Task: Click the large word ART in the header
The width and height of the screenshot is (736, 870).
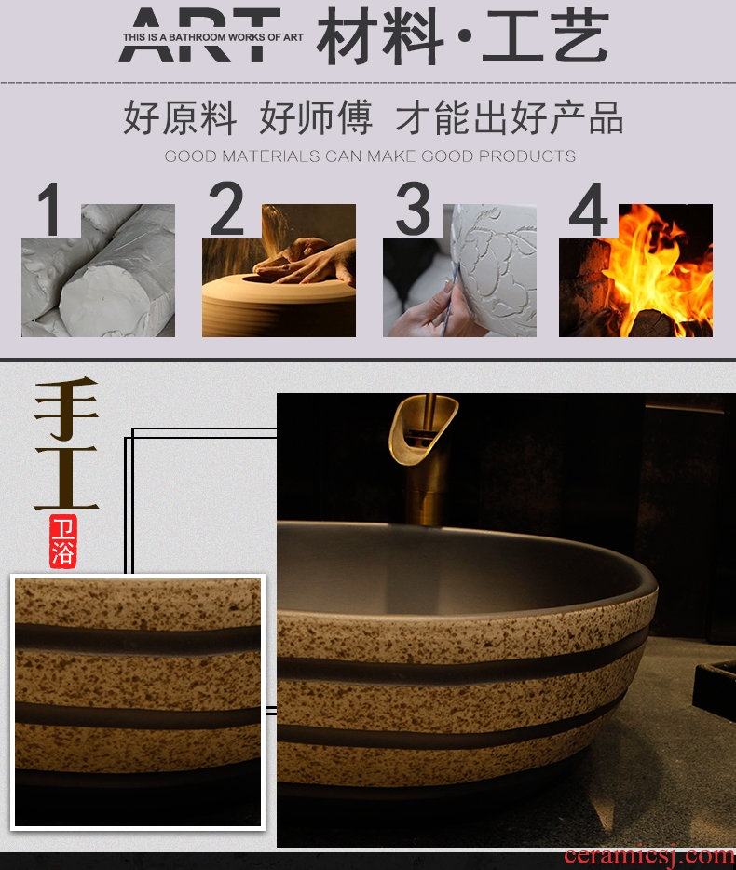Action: tap(199, 34)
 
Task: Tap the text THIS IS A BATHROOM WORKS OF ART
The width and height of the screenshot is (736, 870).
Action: tap(213, 37)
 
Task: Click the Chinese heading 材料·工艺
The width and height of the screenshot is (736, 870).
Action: tap(463, 36)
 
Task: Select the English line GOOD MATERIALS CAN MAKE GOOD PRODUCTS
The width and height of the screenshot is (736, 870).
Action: tap(370, 156)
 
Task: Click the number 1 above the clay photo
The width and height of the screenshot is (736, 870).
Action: tap(50, 210)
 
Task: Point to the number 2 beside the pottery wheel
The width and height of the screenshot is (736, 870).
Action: tap(226, 209)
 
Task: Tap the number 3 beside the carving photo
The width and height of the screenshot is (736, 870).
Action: tap(413, 210)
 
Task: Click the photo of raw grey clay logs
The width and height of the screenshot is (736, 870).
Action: tap(98, 270)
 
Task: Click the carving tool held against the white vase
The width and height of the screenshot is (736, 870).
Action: tap(450, 300)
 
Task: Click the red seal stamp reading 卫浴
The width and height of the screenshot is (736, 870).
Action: tap(62, 541)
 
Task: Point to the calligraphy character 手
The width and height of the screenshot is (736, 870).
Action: tap(66, 409)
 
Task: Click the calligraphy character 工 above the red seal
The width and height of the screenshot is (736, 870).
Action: tap(66, 478)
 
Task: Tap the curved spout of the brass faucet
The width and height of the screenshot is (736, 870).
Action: tap(424, 428)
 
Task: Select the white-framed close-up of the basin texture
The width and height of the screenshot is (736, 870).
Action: tap(138, 702)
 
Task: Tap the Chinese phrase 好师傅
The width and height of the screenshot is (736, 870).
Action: tap(316, 117)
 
